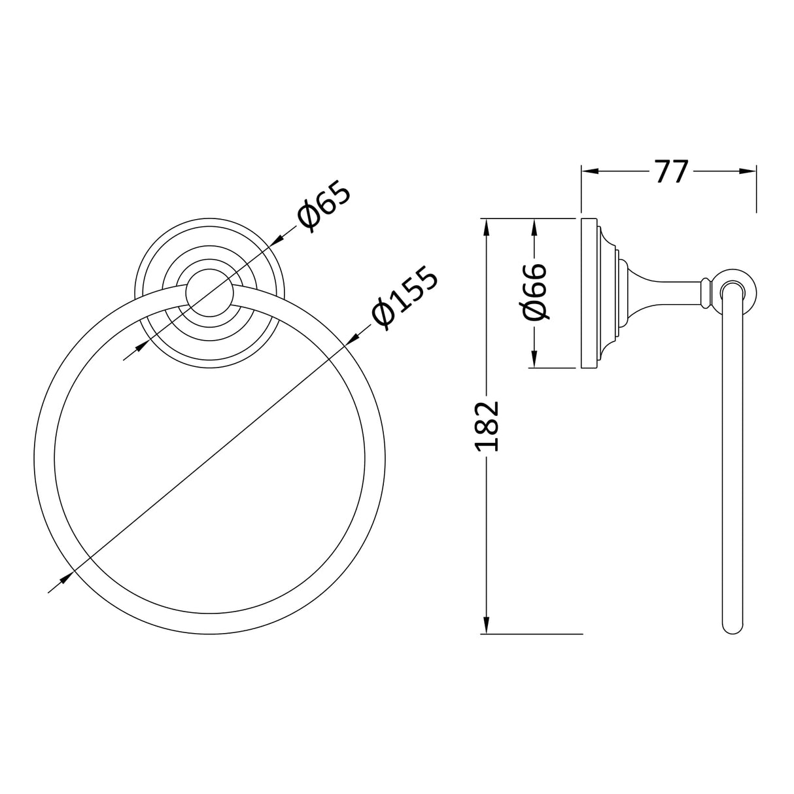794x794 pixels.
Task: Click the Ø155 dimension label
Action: tap(404, 298)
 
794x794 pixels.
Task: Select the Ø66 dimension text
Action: tap(534, 293)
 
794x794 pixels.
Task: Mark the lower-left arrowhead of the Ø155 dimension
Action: tap(64, 579)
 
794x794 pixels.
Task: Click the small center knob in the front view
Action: tap(207, 292)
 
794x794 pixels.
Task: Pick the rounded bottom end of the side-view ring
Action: tap(733, 627)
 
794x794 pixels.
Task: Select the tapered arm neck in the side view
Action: tap(667, 292)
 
